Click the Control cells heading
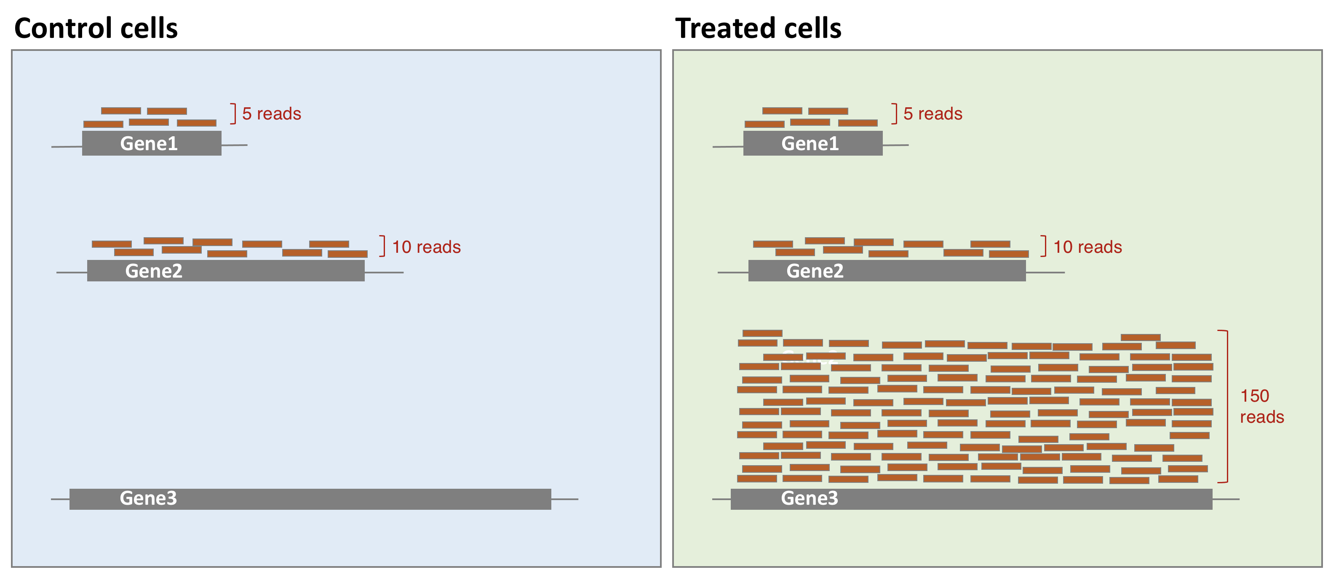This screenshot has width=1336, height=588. (x=96, y=28)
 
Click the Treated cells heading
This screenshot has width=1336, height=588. (x=758, y=28)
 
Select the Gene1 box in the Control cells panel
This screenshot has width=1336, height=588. (x=152, y=143)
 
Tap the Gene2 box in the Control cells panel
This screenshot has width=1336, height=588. (x=226, y=270)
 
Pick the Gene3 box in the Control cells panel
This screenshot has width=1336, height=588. (x=310, y=499)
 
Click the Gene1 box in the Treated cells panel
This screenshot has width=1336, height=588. (x=813, y=143)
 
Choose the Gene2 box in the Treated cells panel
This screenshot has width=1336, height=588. (x=887, y=270)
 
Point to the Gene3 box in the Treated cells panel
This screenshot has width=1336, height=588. (x=971, y=499)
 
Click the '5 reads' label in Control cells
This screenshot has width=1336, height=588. (x=272, y=114)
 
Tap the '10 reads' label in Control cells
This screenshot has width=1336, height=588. (x=426, y=246)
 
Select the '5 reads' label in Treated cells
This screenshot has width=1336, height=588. (x=933, y=114)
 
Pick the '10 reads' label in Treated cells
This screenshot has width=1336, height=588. (x=1088, y=246)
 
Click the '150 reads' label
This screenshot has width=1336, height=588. (x=1262, y=406)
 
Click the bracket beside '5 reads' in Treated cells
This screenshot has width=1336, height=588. (x=896, y=114)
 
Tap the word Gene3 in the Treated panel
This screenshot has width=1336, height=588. (x=810, y=498)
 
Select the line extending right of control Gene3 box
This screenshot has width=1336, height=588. (x=565, y=499)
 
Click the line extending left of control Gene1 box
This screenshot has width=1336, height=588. (x=67, y=147)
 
